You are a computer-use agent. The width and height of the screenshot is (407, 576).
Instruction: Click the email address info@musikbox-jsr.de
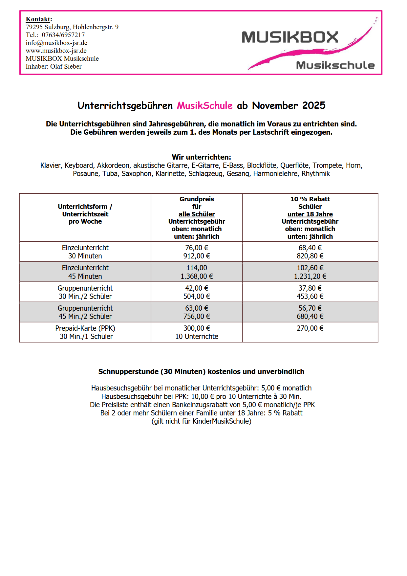(x=56, y=43)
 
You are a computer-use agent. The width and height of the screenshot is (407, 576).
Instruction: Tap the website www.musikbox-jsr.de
(x=56, y=51)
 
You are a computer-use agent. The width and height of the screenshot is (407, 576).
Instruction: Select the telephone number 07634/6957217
(x=63, y=35)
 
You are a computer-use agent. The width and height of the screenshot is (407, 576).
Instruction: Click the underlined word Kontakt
(x=38, y=19)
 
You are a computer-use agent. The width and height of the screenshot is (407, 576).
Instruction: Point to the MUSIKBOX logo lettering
(x=290, y=37)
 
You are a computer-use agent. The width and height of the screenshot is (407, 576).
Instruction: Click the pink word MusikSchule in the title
(x=205, y=105)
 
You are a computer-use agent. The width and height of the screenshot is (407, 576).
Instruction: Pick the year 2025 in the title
(x=314, y=105)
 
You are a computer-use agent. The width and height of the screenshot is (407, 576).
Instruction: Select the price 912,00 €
(x=197, y=256)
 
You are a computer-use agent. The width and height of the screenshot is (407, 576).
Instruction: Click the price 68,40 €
(x=310, y=248)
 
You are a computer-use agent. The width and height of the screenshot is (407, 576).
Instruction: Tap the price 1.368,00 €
(x=197, y=276)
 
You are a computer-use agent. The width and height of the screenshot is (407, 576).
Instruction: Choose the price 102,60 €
(x=310, y=268)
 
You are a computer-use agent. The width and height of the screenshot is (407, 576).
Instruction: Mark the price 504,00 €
(x=197, y=296)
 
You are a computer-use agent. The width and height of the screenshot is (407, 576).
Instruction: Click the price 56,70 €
(x=310, y=308)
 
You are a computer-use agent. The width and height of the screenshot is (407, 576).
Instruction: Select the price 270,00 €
(x=310, y=328)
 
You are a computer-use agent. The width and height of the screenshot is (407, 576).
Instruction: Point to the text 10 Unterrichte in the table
(x=197, y=336)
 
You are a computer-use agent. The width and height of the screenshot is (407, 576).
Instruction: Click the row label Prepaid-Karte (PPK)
(x=85, y=328)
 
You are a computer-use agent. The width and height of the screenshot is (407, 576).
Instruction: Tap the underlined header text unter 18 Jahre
(x=310, y=214)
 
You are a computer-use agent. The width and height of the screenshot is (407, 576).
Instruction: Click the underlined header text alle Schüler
(x=197, y=214)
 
